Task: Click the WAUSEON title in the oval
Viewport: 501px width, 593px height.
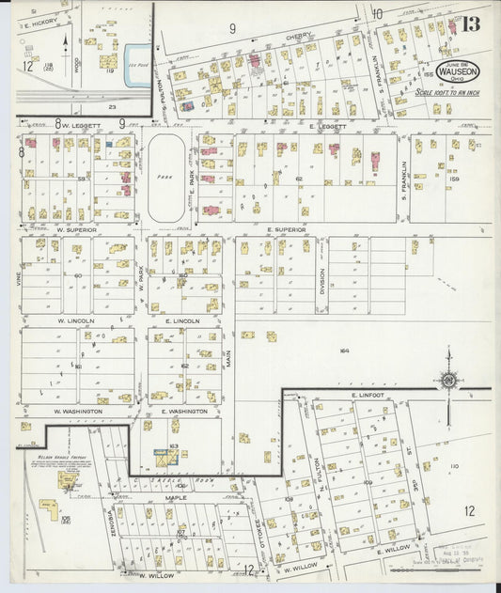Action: (457, 70)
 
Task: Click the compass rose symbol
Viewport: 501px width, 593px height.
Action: (447, 380)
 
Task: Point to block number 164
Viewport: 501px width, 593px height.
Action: (344, 351)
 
